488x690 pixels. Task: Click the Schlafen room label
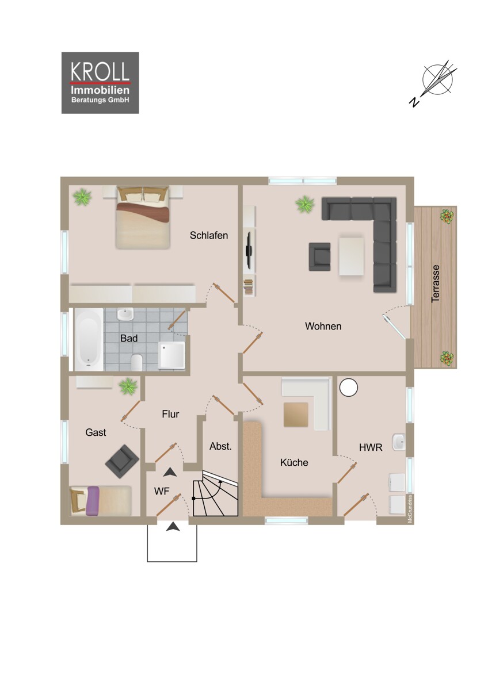(x=209, y=235)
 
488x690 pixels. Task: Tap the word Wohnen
(x=323, y=326)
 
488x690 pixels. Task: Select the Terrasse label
(x=436, y=283)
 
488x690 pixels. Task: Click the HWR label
(x=371, y=447)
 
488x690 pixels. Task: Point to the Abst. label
(x=220, y=446)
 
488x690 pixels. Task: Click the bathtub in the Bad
(x=89, y=339)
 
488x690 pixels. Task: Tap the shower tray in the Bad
(x=172, y=355)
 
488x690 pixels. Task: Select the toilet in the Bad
(x=137, y=362)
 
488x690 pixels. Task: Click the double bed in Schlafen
(x=143, y=218)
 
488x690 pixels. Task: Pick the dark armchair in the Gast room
(x=122, y=460)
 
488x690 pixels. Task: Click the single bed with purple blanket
(x=100, y=500)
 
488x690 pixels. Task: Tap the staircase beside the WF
(x=215, y=494)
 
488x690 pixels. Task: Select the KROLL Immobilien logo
(x=100, y=83)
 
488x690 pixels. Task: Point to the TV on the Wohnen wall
(x=248, y=249)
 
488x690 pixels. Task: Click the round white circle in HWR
(x=348, y=388)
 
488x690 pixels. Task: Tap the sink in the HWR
(x=399, y=442)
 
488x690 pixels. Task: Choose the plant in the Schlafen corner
(x=82, y=197)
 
